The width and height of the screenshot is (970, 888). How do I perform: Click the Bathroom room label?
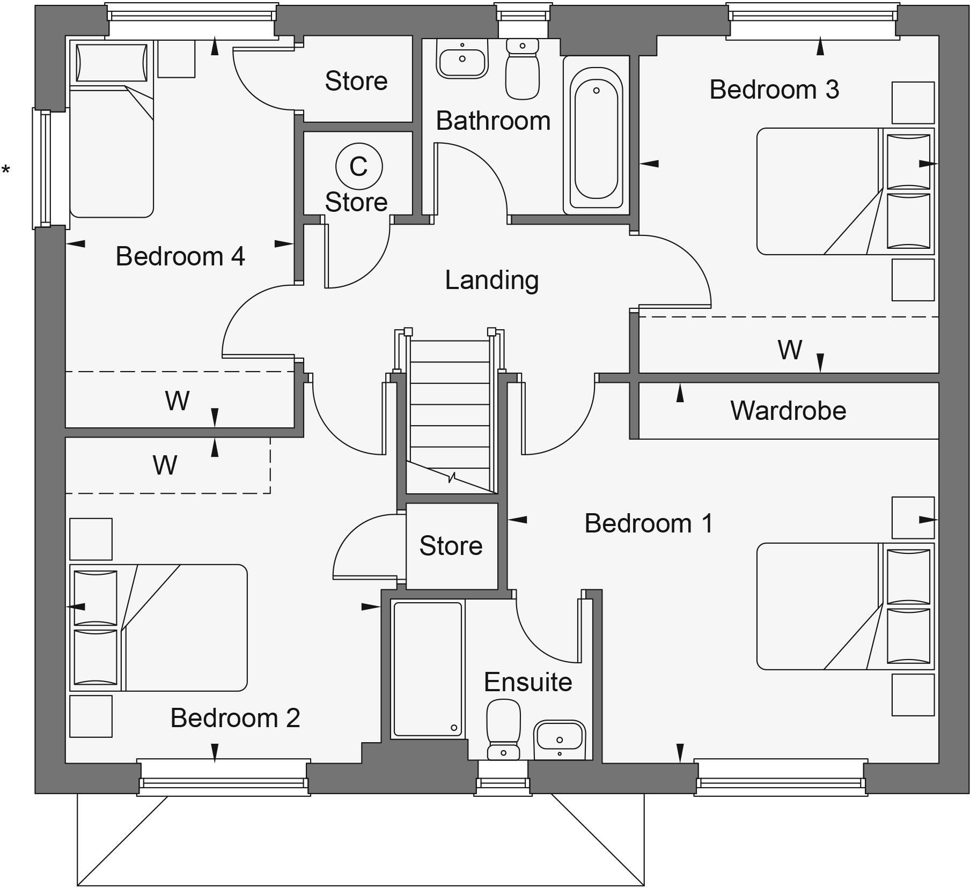point(493,121)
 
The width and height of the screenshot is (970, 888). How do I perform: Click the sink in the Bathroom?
point(462,59)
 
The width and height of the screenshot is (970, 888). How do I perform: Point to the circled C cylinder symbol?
point(359,166)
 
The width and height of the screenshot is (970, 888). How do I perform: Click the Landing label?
point(491,280)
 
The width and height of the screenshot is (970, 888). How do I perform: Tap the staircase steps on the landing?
point(450,408)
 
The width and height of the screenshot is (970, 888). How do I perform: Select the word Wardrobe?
point(788,411)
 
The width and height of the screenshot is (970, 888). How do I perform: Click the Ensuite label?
point(528,682)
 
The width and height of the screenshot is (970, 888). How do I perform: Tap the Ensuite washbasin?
point(560,737)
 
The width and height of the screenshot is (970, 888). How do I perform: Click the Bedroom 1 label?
point(649,523)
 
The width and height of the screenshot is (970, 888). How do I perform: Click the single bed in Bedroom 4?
point(112,145)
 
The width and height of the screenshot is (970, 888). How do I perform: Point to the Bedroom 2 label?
point(235,718)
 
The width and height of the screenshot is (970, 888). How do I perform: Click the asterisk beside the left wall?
point(6,171)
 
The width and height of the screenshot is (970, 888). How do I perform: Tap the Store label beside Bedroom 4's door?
point(356,81)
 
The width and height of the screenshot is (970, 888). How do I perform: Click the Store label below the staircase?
point(451,546)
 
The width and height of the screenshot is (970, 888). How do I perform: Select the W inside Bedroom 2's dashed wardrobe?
point(165,465)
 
